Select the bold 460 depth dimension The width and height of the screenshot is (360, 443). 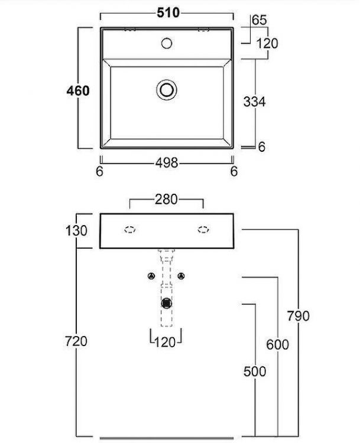click(x=78, y=91)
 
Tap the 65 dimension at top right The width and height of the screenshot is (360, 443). click(x=259, y=20)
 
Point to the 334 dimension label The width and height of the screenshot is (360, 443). click(x=255, y=102)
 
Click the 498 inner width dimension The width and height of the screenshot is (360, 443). click(x=166, y=164)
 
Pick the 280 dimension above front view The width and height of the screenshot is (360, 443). click(x=166, y=200)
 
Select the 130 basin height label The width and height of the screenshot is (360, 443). click(x=77, y=230)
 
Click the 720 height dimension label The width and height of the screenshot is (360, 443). click(x=77, y=341)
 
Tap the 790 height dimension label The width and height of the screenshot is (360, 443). click(x=299, y=316)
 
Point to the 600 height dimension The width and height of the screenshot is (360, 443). click(x=277, y=345)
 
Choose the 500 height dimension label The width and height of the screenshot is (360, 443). click(x=255, y=372)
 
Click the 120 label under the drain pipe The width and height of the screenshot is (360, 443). click(x=165, y=342)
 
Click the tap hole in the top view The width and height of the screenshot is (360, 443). click(x=167, y=43)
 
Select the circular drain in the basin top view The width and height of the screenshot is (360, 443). click(x=167, y=89)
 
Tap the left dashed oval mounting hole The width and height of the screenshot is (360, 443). click(x=129, y=230)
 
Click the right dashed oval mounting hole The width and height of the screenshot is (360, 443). click(x=203, y=230)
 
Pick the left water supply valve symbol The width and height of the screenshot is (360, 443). click(x=151, y=276)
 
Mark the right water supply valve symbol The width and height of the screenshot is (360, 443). click(x=181, y=276)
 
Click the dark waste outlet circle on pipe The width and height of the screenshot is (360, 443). click(x=167, y=304)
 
